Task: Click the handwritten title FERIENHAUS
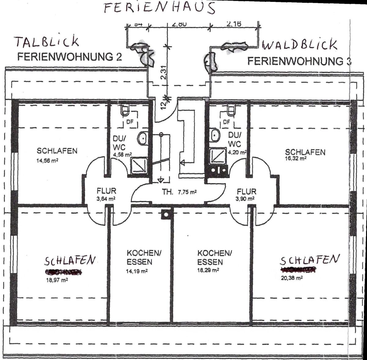tap(159, 7)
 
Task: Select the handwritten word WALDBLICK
tap(299, 45)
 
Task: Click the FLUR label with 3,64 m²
tap(106, 191)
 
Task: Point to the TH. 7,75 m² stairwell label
tap(179, 192)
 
